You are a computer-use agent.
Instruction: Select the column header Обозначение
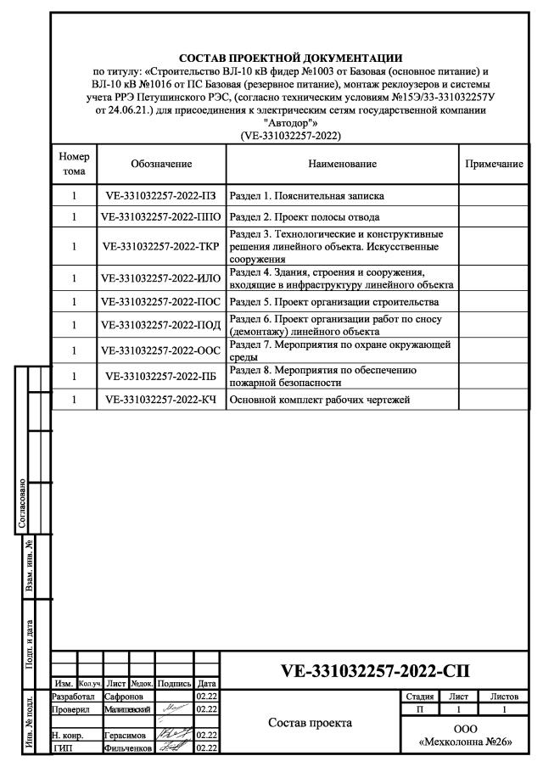161,163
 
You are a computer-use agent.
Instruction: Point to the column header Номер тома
74,163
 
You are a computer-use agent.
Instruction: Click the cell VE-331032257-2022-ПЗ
161,194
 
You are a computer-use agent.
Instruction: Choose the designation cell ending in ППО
161,216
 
